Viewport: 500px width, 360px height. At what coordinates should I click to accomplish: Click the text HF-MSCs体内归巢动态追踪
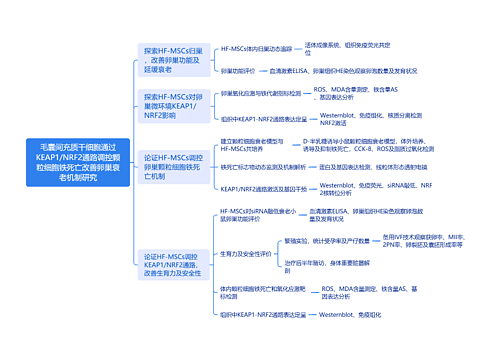point(256,48)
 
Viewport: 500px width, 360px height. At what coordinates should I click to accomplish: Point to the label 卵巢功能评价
point(237,72)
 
